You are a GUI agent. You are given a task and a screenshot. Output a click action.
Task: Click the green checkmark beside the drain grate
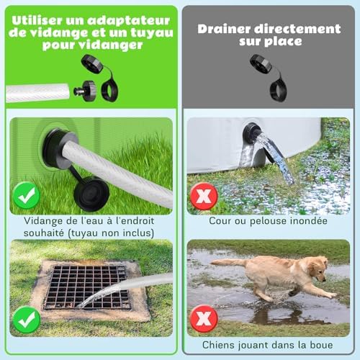point(27,318)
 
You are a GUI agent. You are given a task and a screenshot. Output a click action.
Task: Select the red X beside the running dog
point(204,318)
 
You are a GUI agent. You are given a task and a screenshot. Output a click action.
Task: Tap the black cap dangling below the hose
point(92,193)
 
